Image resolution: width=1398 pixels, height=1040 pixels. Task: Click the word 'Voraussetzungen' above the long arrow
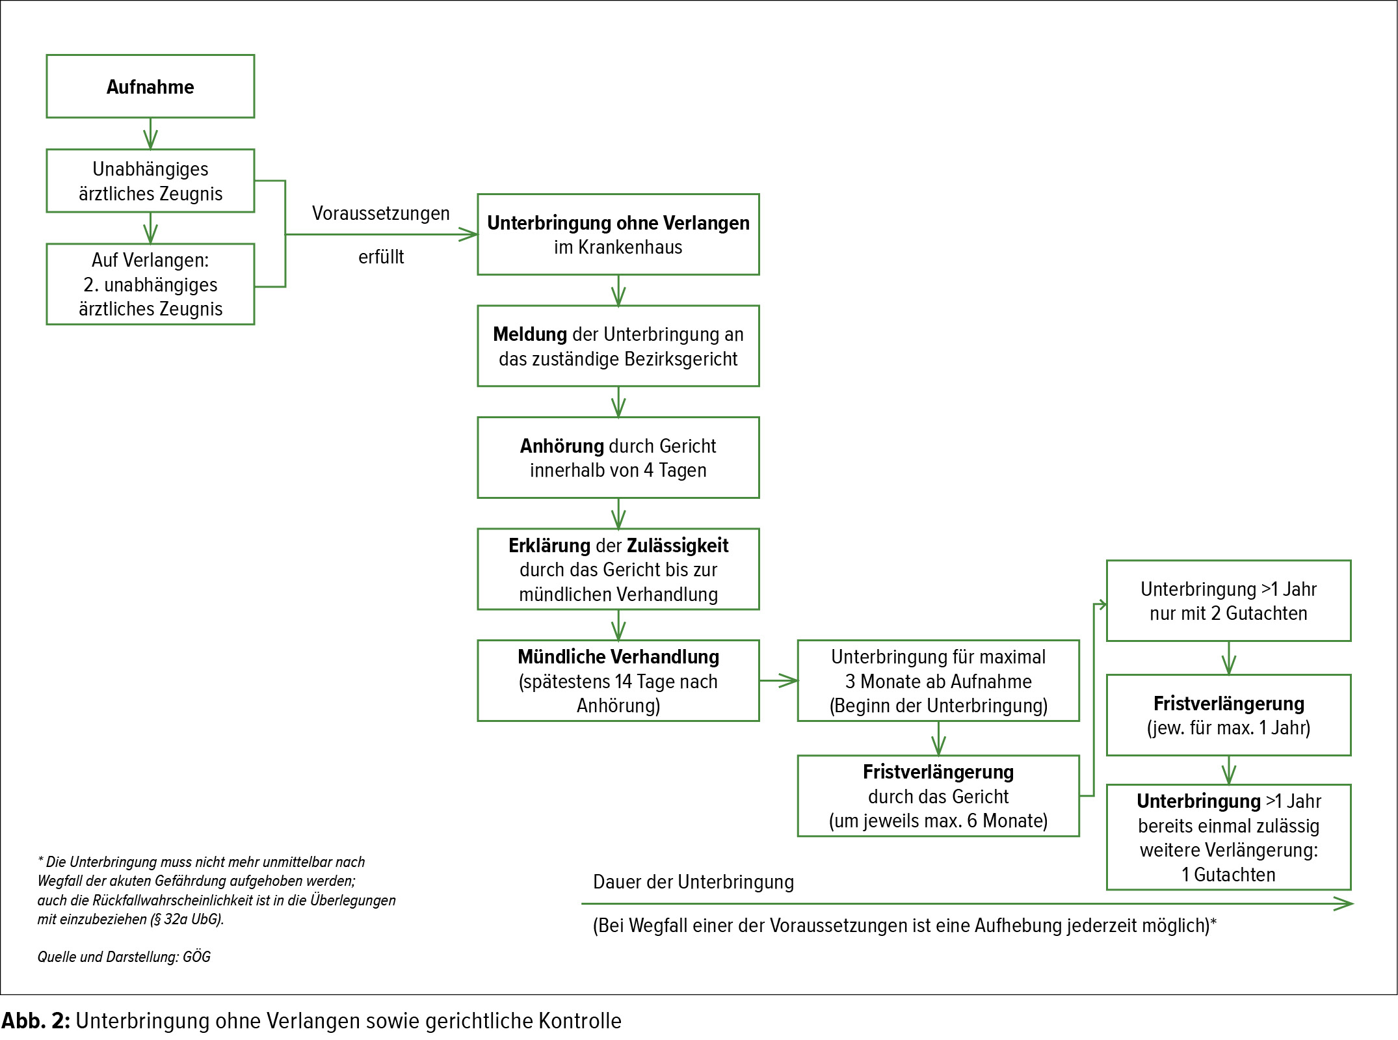[x=381, y=213]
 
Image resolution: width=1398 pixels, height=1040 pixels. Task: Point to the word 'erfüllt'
[x=381, y=257]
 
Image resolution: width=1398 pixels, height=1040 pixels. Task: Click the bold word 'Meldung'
[x=530, y=334]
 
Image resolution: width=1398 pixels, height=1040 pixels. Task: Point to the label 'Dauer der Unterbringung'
[x=694, y=882]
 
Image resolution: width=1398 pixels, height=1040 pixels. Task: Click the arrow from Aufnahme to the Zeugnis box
[x=150, y=134]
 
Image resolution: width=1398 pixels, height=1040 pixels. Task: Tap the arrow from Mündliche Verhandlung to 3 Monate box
[x=778, y=681]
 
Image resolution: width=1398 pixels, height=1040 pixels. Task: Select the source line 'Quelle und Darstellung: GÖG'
[x=124, y=957]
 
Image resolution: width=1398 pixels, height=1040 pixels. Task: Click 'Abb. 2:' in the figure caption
[x=36, y=1020]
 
